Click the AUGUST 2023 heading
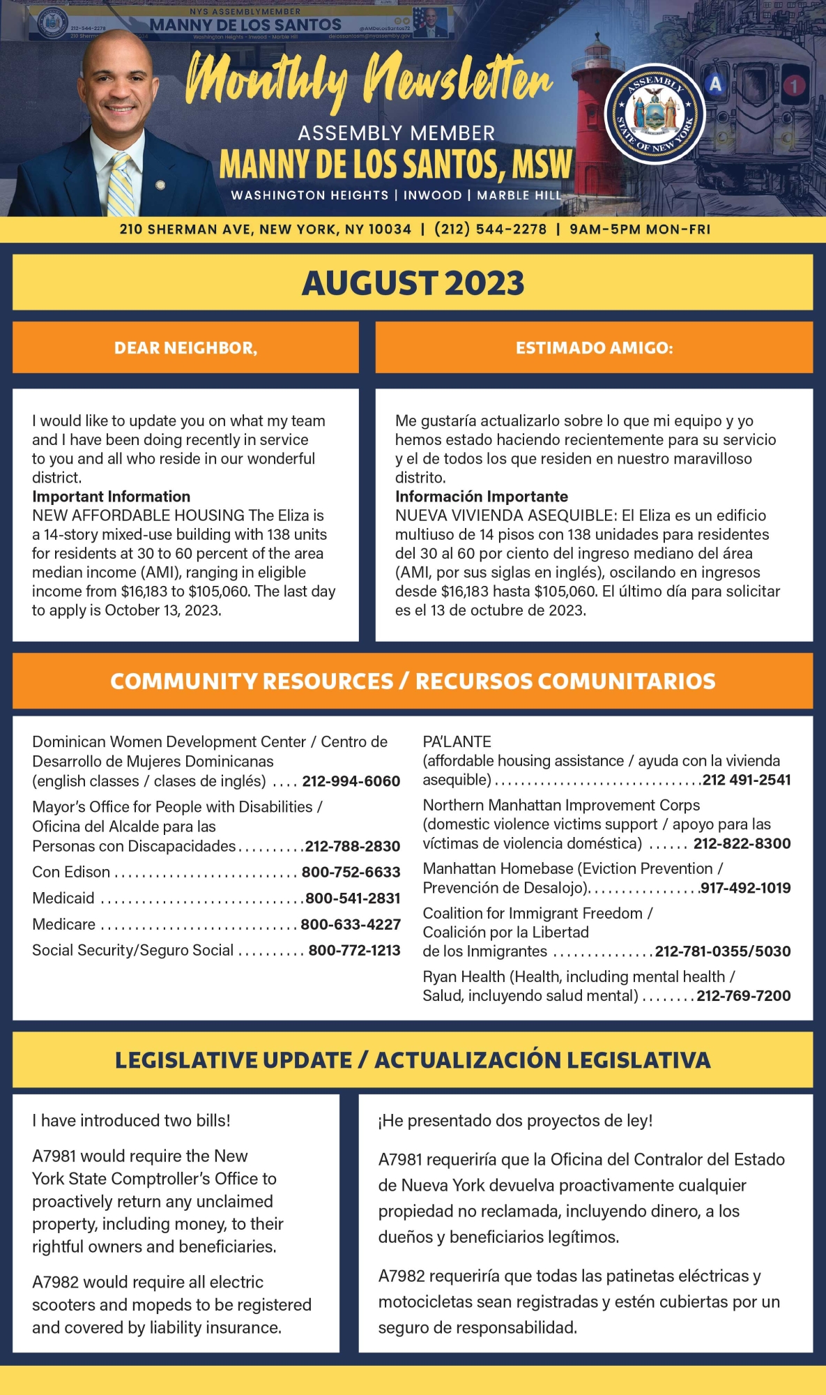pos(413,282)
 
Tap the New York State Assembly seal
pos(655,114)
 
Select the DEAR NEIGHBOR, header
pos(185,347)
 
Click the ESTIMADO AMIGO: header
pos(594,347)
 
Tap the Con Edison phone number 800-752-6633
pos(351,872)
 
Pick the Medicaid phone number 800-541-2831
pos(353,898)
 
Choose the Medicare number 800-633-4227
pos(351,924)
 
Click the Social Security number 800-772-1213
pos(354,950)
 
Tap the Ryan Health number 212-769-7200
pos(743,995)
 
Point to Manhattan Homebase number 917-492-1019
pos(745,888)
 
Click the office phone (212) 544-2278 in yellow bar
pos(490,229)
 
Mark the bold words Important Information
pos(111,497)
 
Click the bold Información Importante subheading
pos(481,497)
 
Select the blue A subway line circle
pos(715,84)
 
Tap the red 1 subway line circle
pos(794,86)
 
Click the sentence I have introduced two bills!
pos(131,1120)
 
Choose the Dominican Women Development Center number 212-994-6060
pos(351,781)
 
